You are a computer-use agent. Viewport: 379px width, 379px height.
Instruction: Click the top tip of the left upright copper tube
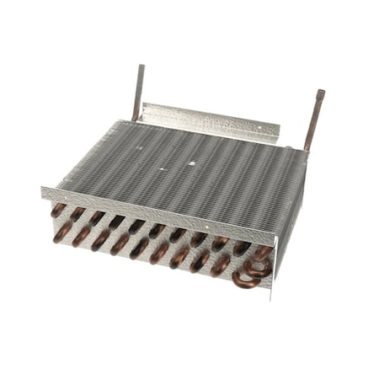click(x=141, y=67)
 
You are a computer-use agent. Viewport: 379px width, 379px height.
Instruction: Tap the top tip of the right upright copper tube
click(x=320, y=92)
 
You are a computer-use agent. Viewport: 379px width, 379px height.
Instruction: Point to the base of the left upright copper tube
click(x=135, y=119)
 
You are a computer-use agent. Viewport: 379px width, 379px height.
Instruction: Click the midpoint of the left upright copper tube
click(x=138, y=93)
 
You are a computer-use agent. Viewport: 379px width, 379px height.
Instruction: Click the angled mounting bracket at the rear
click(x=211, y=120)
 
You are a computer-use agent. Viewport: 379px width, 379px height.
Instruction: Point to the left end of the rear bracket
click(x=142, y=108)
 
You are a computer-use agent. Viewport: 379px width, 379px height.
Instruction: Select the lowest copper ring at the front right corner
click(x=246, y=280)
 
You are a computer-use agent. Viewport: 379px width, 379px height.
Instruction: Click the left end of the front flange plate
click(x=43, y=193)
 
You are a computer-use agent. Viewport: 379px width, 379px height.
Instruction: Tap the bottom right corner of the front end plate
click(x=271, y=286)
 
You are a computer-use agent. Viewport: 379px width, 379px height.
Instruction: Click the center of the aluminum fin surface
click(x=181, y=173)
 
